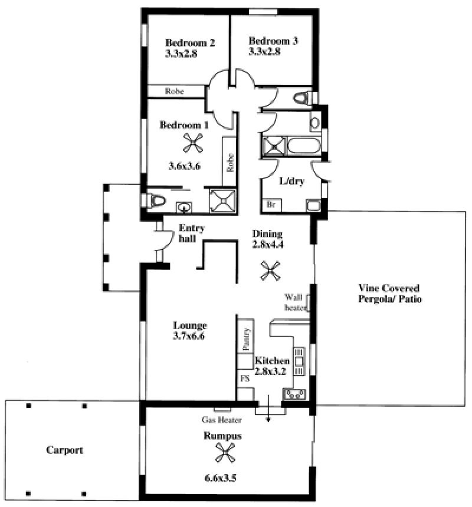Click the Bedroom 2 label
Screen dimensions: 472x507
tap(190, 42)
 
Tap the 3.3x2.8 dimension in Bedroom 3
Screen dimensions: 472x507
tap(264, 51)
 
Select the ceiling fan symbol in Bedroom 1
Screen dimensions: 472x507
tap(193, 143)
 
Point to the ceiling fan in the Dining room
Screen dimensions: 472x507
tap(270, 271)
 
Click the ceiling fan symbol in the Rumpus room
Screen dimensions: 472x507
tap(225, 453)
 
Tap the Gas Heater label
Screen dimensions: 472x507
tap(222, 420)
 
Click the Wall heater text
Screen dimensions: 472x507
tap(295, 302)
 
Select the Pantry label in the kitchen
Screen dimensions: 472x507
tap(246, 339)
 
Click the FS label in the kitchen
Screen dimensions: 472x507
tap(245, 378)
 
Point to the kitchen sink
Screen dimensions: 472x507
tap(295, 394)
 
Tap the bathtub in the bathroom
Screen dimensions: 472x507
tap(304, 146)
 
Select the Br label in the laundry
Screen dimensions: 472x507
tap(271, 205)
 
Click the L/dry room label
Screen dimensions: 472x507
tap(292, 181)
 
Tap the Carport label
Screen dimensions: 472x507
tap(65, 450)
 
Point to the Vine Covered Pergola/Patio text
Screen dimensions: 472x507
tap(389, 293)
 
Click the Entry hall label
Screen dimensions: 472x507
tap(192, 233)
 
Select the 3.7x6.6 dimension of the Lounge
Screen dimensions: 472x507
tap(189, 336)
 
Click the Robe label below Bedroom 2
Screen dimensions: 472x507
tap(175, 91)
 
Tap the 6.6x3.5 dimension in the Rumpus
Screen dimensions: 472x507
tap(221, 478)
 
